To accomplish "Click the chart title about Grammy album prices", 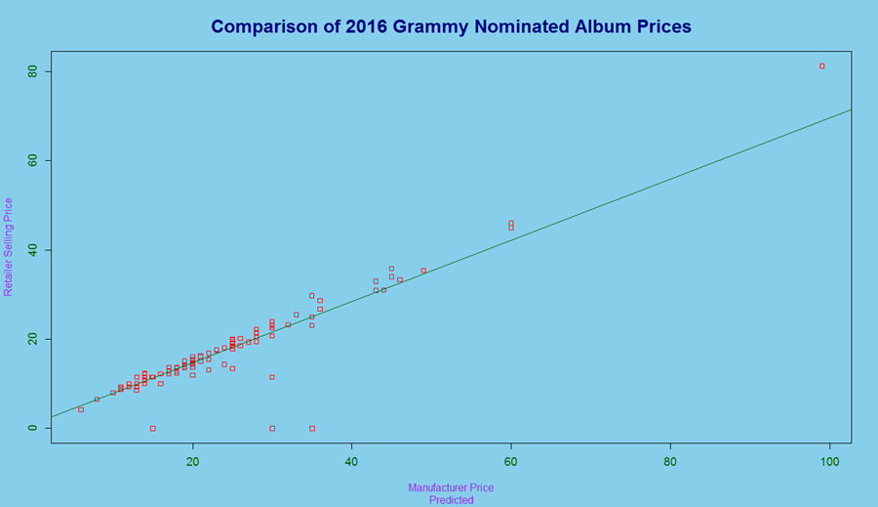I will (451, 26).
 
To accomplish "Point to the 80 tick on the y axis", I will (32, 71).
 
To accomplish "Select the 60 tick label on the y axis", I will (32, 160).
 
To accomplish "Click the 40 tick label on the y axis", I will (32, 250).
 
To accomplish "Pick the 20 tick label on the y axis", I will (32, 339).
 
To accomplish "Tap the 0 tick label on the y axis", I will (32, 428).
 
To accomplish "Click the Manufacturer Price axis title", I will (451, 487).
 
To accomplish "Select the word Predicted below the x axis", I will (451, 500).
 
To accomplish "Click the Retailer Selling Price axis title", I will (9, 246).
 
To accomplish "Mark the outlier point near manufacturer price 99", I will (821, 66).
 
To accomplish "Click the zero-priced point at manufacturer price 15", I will (153, 428).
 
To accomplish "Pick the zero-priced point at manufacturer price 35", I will (312, 428).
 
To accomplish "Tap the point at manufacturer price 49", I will (423, 271).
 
